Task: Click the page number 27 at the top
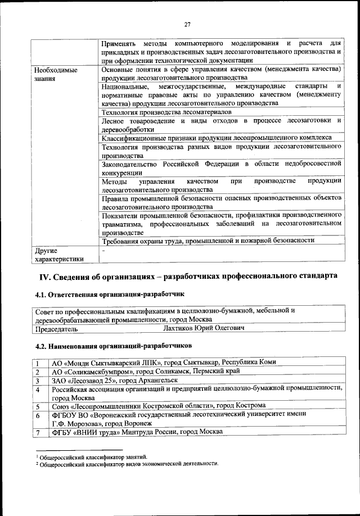188,24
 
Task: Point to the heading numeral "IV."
46,277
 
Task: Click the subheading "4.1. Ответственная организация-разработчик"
109,294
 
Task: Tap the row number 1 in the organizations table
38,363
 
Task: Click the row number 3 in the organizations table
38,381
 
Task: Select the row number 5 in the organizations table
38,406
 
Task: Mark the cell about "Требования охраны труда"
208,241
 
